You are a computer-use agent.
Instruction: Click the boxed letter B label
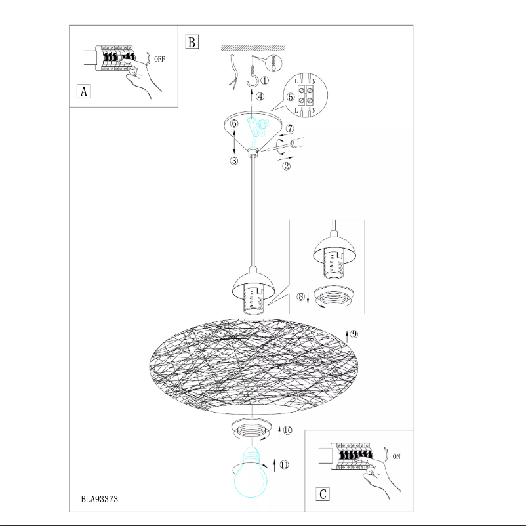pos(192,42)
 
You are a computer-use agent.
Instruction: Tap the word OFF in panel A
pos(159,59)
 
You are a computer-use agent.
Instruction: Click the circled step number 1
pos(264,81)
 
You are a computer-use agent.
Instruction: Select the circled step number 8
pos(301,296)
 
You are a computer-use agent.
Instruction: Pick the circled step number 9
pos(354,333)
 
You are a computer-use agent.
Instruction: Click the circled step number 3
pos(234,161)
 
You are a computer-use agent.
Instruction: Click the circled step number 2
pos(286,166)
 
